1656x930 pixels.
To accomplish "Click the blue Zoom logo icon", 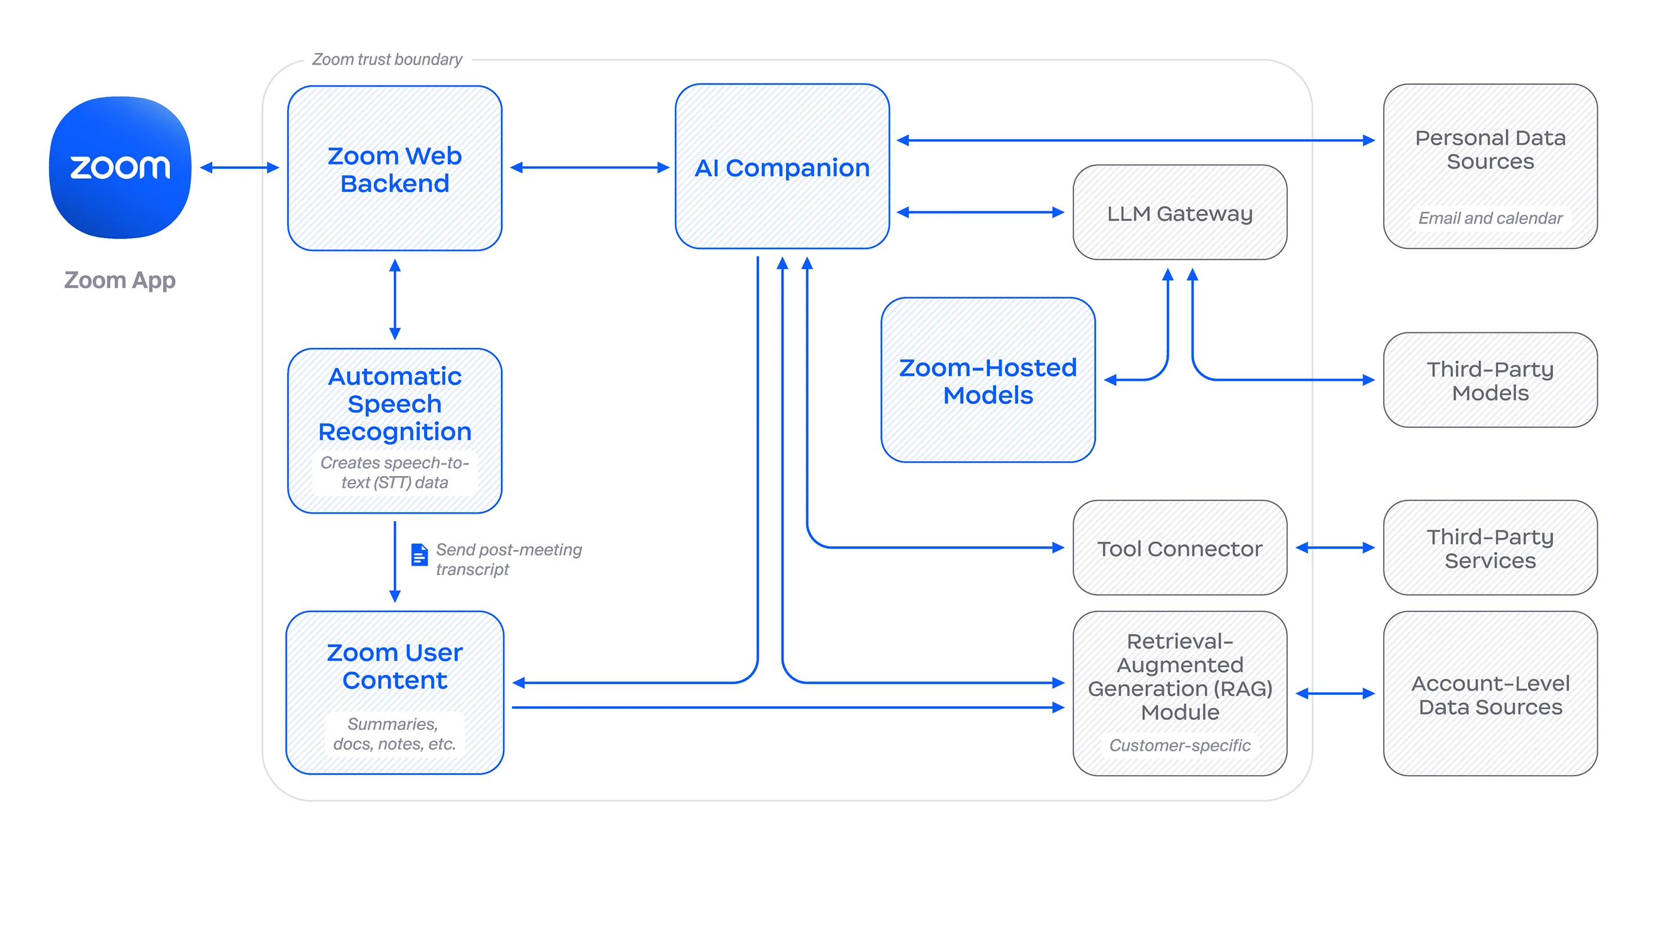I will tap(120, 167).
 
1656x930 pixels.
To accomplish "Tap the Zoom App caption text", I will tap(120, 280).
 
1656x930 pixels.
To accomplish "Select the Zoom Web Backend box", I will tap(395, 169).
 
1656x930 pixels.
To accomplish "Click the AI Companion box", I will tap(782, 167).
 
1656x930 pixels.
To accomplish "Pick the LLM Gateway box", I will tap(1180, 213).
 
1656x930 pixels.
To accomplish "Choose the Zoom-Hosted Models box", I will tap(987, 381).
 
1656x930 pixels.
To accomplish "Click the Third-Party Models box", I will tap(1490, 381).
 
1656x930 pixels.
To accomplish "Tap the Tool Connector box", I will tap(1180, 548).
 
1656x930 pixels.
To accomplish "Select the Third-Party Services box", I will tap(1490, 548).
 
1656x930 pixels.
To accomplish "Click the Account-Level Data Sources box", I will tap(1490, 694).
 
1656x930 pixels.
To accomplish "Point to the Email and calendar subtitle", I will tap(1490, 218).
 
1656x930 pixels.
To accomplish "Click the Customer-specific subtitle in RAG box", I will tap(1180, 746).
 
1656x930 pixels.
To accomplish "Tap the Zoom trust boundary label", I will tap(387, 60).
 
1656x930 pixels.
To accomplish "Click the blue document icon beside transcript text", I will tap(419, 554).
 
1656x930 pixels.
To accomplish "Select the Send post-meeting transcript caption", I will tap(508, 559).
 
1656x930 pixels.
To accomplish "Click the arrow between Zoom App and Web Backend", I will tap(239, 167).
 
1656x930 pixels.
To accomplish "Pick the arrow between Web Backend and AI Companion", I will tap(589, 167).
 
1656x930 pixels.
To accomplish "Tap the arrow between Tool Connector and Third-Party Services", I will tap(1335, 548).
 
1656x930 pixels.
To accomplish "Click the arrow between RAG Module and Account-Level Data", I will tap(1335, 694).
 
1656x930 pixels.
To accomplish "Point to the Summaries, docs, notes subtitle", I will tap(394, 734).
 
